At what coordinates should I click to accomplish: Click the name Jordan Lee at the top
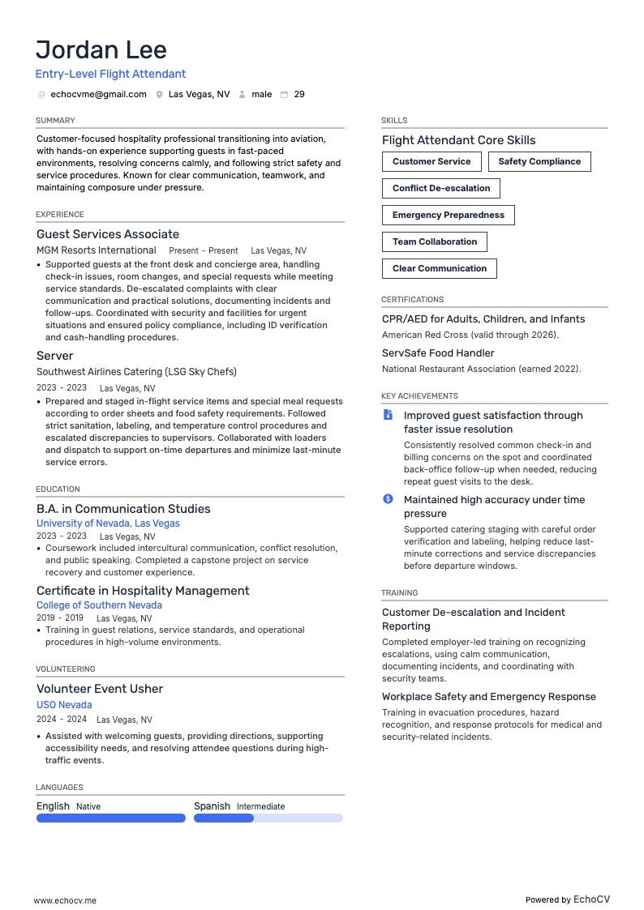[101, 49]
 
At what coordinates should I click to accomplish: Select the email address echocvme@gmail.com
[98, 94]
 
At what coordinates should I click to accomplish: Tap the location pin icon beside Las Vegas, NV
[160, 95]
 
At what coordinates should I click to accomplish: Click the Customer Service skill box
[431, 161]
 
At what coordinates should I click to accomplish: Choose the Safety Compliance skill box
[539, 161]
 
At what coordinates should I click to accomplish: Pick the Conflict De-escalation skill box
[441, 188]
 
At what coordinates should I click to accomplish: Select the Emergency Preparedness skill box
[449, 215]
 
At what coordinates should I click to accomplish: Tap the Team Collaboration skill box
[435, 241]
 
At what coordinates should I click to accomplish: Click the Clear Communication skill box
[440, 268]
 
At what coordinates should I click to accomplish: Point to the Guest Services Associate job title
[108, 234]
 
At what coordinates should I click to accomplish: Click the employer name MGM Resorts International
[97, 250]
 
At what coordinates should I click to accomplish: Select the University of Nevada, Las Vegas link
[108, 523]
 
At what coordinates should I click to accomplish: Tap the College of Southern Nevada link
[99, 605]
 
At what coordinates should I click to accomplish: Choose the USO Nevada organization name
[64, 705]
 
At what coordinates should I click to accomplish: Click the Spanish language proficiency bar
[268, 818]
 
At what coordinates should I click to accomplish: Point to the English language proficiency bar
[111, 818]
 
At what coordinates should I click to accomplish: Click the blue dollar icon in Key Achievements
[389, 499]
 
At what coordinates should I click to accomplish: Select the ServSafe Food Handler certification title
[438, 353]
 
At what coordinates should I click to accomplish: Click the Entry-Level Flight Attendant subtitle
[111, 74]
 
